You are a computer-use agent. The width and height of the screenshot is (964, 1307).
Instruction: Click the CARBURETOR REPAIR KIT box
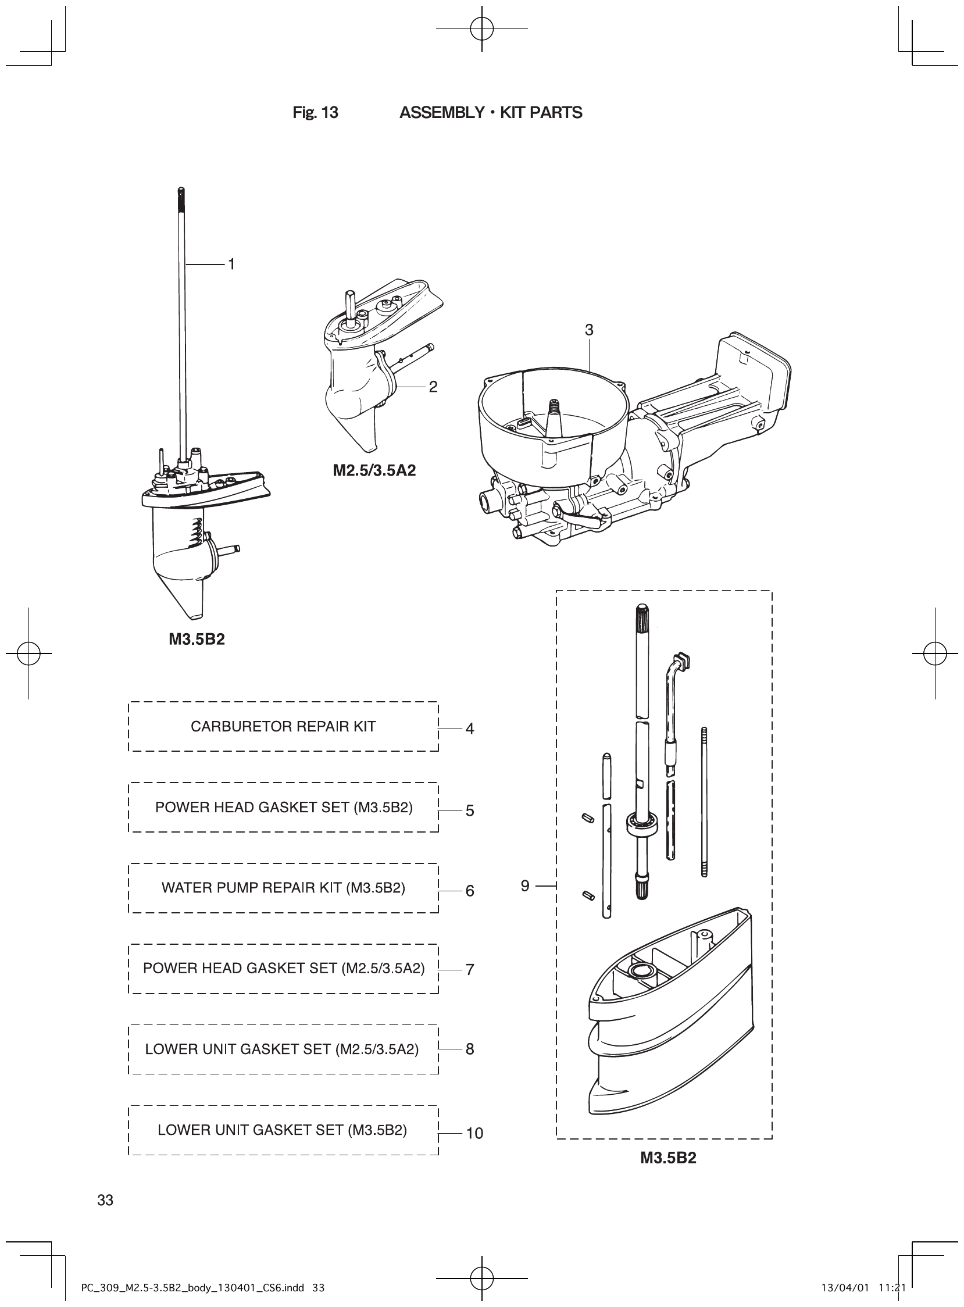point(283,726)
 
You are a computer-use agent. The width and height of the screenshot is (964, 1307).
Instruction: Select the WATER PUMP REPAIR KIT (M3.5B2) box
point(283,887)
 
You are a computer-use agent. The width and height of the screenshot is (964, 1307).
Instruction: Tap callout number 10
point(474,1133)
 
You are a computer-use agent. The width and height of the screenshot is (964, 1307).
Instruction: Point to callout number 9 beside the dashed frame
point(525,885)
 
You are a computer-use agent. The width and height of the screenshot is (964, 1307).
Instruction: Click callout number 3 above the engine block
point(589,330)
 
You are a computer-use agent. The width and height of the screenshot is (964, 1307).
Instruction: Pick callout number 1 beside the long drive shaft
point(231,265)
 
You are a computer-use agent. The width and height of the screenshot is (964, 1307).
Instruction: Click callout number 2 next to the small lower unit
point(433,387)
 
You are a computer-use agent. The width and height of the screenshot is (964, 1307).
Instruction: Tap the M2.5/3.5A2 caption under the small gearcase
point(374,470)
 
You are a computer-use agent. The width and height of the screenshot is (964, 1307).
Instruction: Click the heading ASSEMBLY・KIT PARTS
point(490,113)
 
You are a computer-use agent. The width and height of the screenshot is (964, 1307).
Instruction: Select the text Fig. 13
point(315,113)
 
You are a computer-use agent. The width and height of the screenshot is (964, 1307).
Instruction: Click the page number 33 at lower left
point(106,1200)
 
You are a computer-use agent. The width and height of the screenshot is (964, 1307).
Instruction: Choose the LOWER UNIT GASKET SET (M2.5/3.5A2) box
point(283,1049)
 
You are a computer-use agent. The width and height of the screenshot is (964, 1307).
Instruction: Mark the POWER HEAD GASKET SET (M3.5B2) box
point(283,807)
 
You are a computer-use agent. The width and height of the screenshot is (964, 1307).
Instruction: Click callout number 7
point(470,969)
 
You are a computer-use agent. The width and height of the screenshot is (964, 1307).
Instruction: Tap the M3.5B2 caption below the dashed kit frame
point(668,1158)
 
